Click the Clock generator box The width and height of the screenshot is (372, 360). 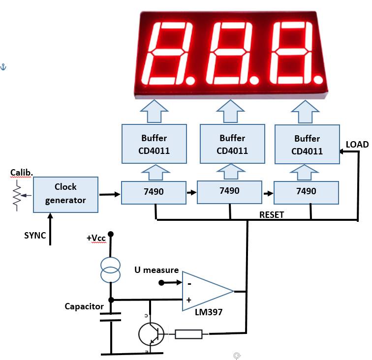tap(65, 194)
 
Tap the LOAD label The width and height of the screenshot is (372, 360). tap(357, 145)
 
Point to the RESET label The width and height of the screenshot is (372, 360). tap(272, 214)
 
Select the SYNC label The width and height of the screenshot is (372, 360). tap(35, 236)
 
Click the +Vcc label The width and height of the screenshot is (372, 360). tap(96, 238)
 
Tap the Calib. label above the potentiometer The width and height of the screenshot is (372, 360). tap(21, 173)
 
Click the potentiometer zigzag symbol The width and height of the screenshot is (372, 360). tap(17, 196)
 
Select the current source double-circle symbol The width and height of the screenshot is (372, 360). tap(110, 270)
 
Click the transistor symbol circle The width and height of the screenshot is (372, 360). tap(152, 334)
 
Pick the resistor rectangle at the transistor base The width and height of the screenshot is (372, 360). tap(188, 334)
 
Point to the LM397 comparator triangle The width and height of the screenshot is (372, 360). tap(208, 291)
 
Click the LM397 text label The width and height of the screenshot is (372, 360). tap(209, 312)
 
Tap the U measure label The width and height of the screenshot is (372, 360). tap(156, 270)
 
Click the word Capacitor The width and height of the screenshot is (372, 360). tap(84, 306)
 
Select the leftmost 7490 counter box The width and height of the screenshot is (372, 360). tap(154, 193)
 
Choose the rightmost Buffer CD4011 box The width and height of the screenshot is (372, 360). tap(307, 144)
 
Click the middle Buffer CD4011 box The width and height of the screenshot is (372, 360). tap(232, 144)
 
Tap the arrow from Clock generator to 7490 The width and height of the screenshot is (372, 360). tap(110, 194)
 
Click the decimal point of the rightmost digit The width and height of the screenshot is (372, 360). tap(318, 79)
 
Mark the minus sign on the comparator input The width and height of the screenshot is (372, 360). tap(189, 284)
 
